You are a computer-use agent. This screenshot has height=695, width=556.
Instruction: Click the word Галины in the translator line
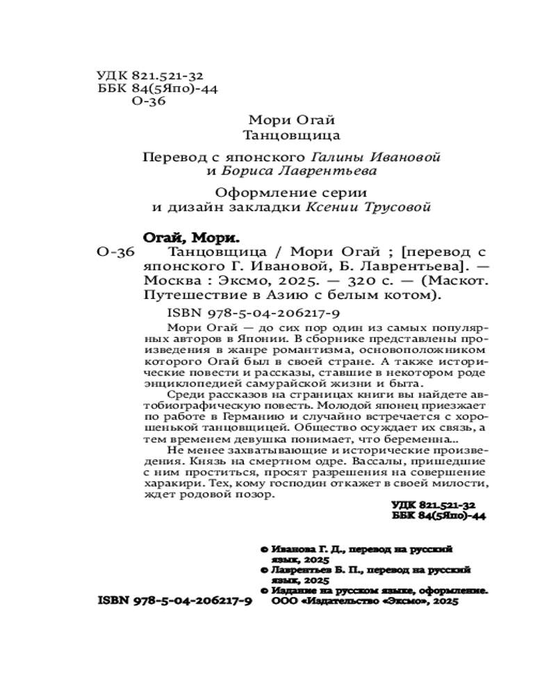click(331, 156)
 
